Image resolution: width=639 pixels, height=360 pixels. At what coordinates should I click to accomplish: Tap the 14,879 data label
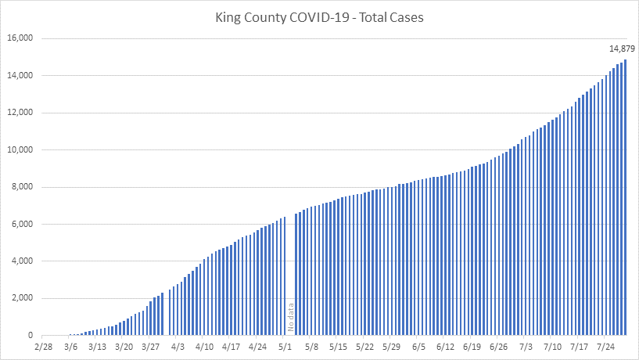pyautogui.click(x=623, y=49)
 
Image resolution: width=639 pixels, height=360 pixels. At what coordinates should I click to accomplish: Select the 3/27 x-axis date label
pyautogui.click(x=150, y=346)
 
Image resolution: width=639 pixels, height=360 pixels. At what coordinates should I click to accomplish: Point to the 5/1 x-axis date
pyautogui.click(x=285, y=346)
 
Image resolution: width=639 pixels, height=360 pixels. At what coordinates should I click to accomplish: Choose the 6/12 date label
pyautogui.click(x=446, y=346)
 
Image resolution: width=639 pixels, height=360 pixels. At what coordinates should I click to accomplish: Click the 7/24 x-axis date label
pyautogui.click(x=606, y=346)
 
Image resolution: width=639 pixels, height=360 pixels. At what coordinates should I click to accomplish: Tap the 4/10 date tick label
pyautogui.click(x=204, y=346)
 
